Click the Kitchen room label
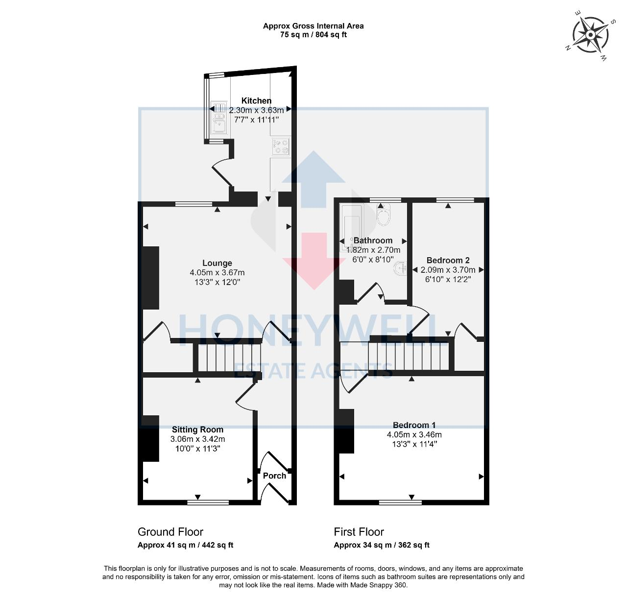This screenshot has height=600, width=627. tap(256, 100)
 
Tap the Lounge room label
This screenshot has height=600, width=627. tap(217, 263)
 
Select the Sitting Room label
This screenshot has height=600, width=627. tap(197, 430)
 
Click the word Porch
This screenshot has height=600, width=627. tap(274, 476)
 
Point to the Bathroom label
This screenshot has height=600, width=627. tap(373, 240)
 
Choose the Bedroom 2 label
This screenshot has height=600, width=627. tap(448, 261)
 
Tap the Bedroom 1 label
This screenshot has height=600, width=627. tap(414, 425)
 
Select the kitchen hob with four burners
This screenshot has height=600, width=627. tap(281, 146)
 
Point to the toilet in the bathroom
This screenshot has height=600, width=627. tap(383, 215)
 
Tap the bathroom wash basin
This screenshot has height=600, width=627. tap(400, 268)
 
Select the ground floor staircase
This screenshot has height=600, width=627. tap(229, 358)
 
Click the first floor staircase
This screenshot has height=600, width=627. tap(409, 356)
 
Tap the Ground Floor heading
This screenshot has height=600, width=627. tap(170, 532)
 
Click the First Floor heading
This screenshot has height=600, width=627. tap(359, 532)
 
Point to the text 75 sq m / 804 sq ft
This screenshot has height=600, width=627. tap(313, 34)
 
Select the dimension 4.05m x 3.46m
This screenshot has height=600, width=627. tap(414, 435)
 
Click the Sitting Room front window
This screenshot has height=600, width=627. tap(208, 503)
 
